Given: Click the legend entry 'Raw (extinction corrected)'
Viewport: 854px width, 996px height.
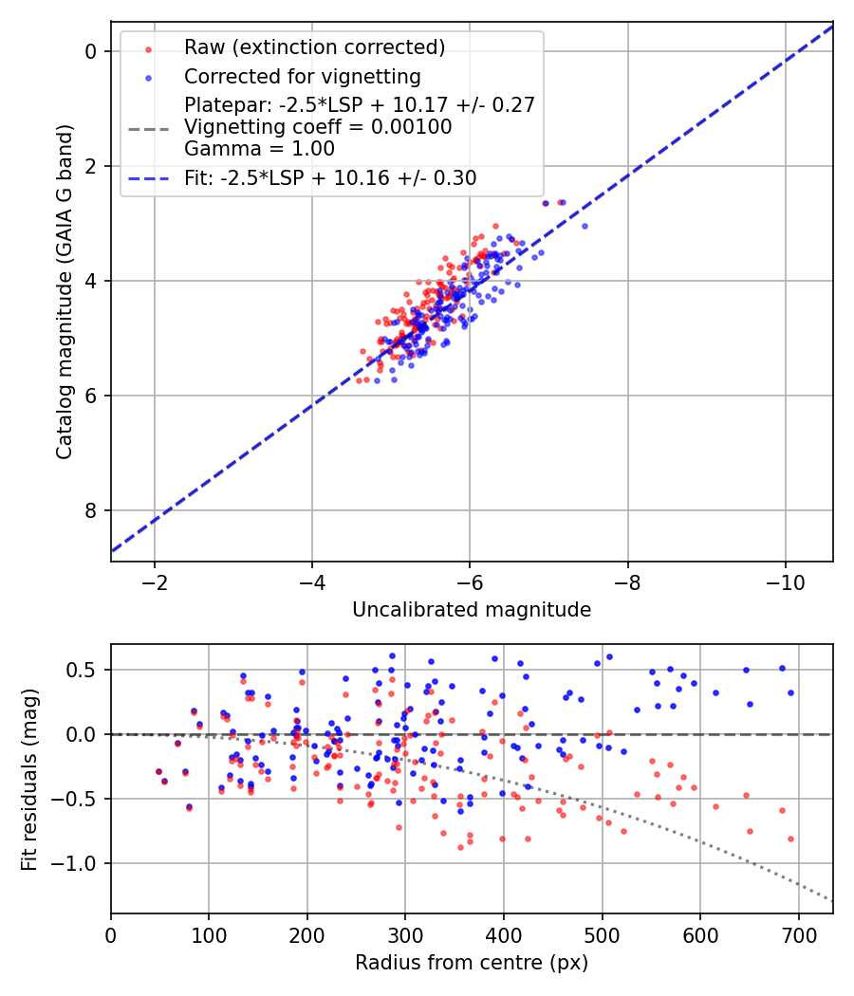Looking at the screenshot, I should click(314, 47).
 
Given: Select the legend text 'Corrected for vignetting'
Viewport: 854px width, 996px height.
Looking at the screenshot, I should click(302, 76).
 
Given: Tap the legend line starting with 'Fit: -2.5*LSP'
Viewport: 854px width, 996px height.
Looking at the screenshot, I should click(330, 177).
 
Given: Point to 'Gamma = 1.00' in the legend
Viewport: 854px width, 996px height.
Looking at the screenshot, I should click(259, 148).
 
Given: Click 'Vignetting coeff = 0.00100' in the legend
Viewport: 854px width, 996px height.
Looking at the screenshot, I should click(318, 126).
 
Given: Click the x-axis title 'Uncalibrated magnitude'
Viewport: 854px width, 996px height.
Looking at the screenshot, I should click(472, 609).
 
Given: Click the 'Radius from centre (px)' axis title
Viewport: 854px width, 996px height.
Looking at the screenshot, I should click(472, 963).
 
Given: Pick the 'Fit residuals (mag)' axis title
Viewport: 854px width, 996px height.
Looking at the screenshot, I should click(29, 779).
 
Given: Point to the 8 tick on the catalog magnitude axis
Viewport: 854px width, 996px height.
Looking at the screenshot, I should click(92, 510).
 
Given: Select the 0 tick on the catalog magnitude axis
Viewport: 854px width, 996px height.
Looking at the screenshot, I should click(92, 51).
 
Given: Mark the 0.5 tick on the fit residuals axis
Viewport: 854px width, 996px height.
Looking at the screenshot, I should click(84, 670).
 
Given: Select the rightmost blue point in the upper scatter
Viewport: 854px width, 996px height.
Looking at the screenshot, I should click(585, 226).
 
